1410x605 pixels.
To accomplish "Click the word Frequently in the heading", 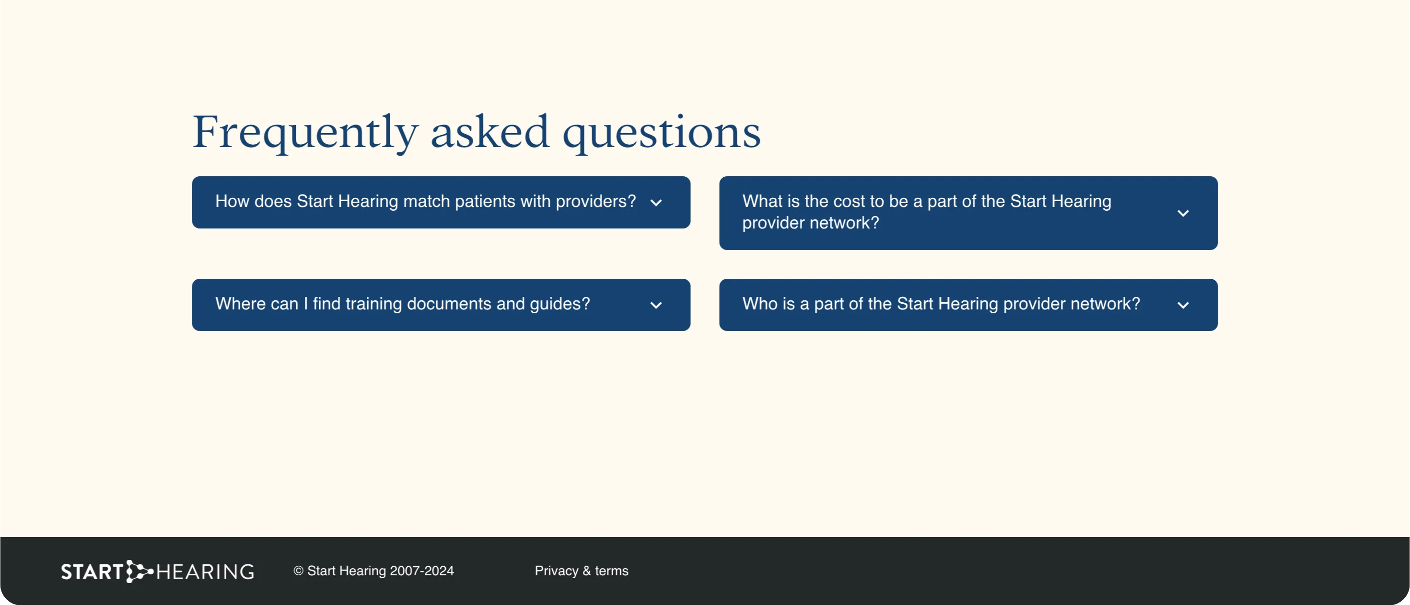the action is click(305, 132).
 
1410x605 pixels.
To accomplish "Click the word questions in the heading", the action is click(662, 132).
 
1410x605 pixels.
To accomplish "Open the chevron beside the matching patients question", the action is click(656, 203).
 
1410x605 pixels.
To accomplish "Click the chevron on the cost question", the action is click(1183, 213).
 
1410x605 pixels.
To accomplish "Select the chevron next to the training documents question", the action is click(656, 305).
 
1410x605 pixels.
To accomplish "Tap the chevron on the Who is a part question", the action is click(1183, 305).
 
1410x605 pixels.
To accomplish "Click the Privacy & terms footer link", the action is click(581, 571).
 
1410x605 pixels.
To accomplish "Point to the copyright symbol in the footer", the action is click(298, 571).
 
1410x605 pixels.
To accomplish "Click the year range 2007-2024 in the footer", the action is click(421, 571).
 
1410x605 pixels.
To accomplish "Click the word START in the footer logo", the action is click(92, 572).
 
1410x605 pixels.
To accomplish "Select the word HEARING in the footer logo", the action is click(205, 572).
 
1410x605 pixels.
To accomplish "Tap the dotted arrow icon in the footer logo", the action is click(139, 571).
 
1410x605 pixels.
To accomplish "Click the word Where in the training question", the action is click(240, 304).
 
